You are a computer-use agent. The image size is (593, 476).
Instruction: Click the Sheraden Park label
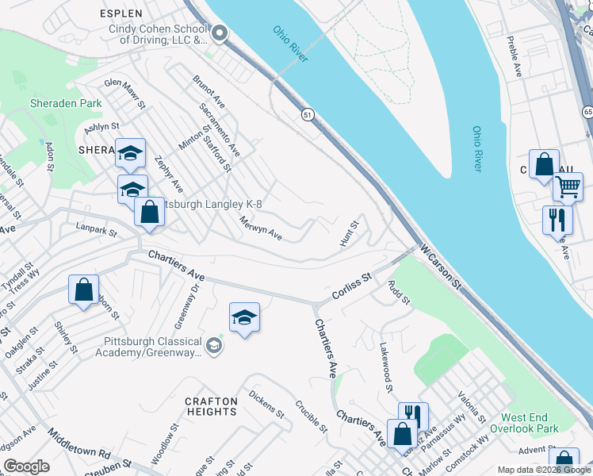pyautogui.click(x=66, y=103)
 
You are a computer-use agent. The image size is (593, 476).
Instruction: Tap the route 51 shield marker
pyautogui.click(x=307, y=115)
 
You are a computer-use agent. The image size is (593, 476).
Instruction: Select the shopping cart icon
pyautogui.click(x=568, y=187)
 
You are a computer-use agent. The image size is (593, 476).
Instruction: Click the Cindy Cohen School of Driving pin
pyautogui.click(x=220, y=33)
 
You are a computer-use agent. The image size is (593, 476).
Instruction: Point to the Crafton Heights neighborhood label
pyautogui.click(x=211, y=407)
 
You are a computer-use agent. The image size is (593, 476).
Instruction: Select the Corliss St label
pyautogui.click(x=352, y=287)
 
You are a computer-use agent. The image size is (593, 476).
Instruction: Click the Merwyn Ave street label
pyautogui.click(x=261, y=228)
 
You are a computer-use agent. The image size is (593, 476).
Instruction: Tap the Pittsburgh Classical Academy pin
pyautogui.click(x=213, y=346)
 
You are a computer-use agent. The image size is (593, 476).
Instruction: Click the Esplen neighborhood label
pyautogui.click(x=121, y=13)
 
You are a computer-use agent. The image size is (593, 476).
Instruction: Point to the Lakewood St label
pyautogui.click(x=386, y=367)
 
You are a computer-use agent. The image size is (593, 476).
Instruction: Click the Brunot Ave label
pyautogui.click(x=209, y=92)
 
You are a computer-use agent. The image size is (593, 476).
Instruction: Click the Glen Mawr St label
pyautogui.click(x=125, y=93)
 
